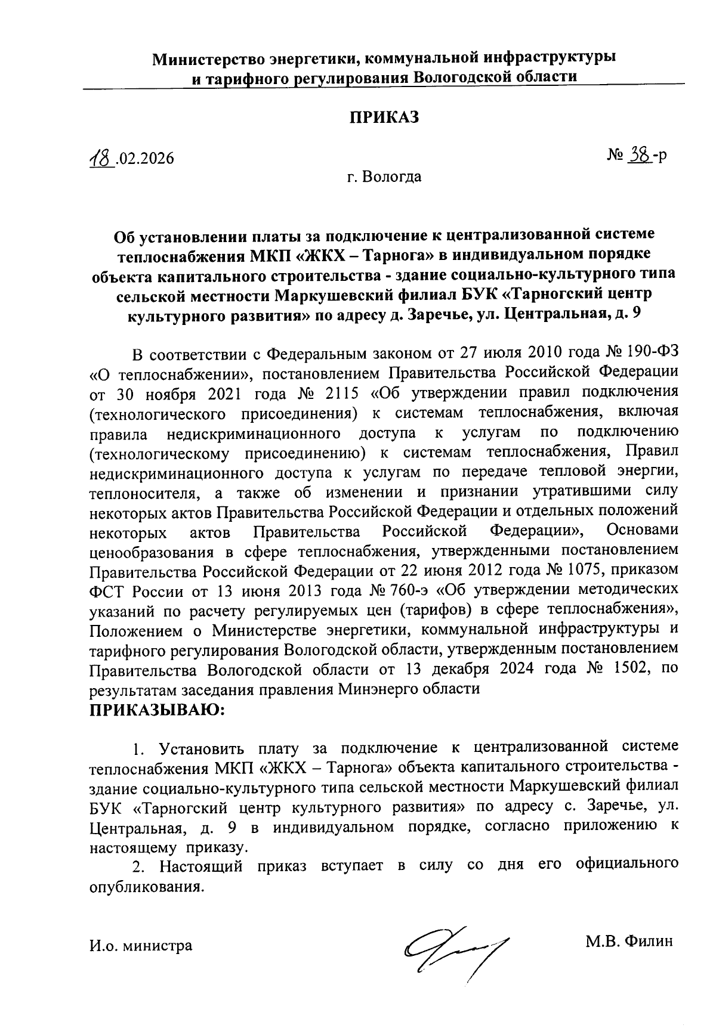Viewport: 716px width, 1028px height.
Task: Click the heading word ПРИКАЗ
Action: click(384, 117)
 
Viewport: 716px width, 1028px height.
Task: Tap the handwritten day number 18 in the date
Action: click(100, 158)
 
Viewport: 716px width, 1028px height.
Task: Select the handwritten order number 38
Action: click(639, 155)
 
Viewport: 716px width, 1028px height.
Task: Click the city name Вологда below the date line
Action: click(394, 177)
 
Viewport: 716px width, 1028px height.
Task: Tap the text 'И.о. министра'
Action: click(141, 945)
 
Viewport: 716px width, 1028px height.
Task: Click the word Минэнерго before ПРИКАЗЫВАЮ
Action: click(379, 689)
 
